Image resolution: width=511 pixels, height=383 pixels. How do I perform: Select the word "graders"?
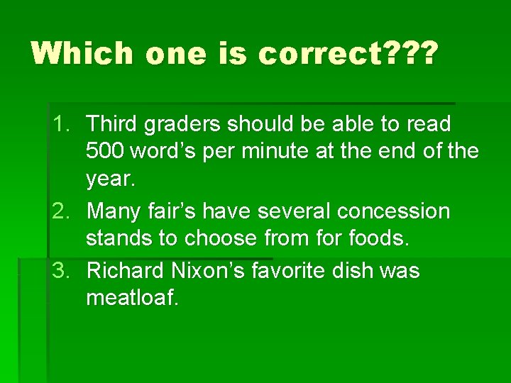point(182,125)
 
